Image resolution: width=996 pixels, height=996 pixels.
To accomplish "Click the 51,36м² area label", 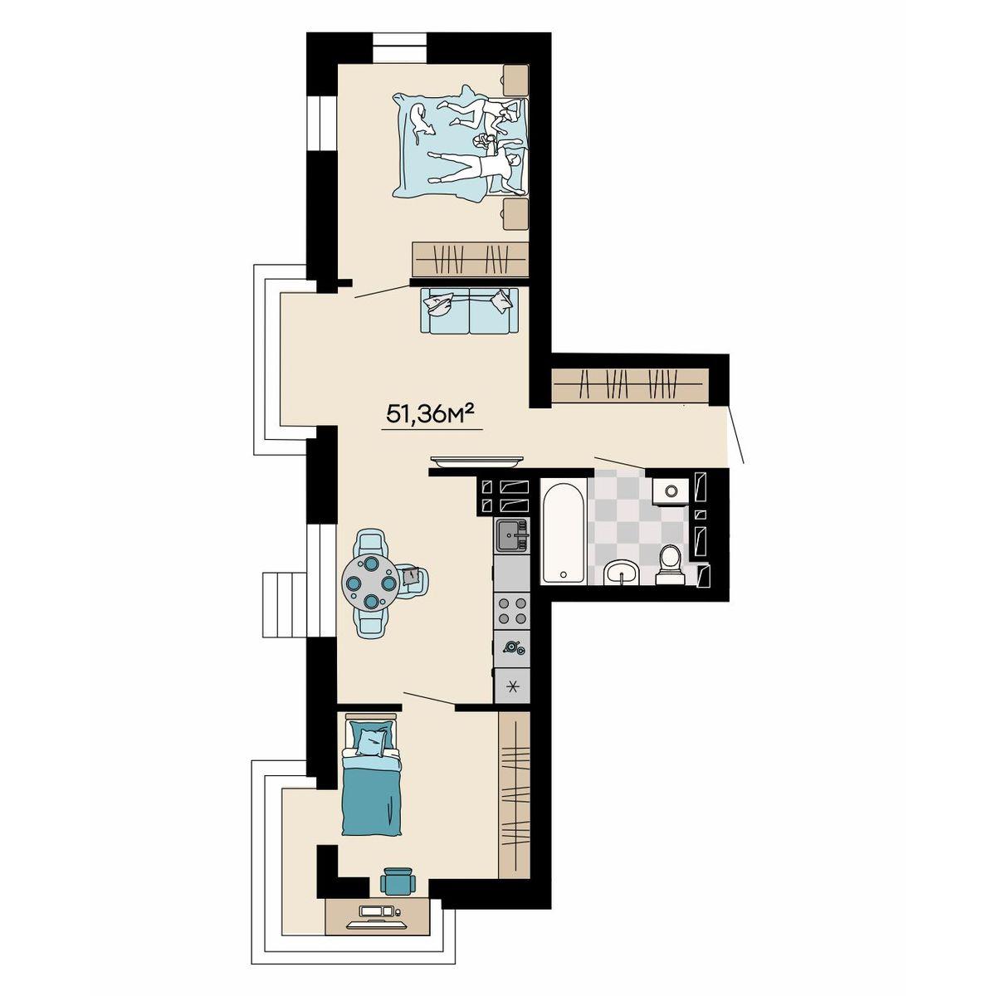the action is pyautogui.click(x=431, y=413).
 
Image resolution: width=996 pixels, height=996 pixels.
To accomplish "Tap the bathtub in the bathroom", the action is pyautogui.click(x=563, y=532).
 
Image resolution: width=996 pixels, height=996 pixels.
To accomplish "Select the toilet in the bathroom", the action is pyautogui.click(x=671, y=564).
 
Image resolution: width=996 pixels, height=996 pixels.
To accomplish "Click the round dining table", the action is pyautogui.click(x=371, y=582).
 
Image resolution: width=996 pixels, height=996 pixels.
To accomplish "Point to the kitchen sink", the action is pyautogui.click(x=512, y=535).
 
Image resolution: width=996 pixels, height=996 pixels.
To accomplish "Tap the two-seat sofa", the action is pyautogui.click(x=470, y=310).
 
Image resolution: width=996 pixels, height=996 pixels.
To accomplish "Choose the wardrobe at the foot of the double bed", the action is pyautogui.click(x=471, y=258).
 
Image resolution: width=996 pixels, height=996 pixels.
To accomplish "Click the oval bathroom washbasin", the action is pyautogui.click(x=622, y=573).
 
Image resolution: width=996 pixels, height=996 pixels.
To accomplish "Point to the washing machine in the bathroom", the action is pyautogui.click(x=671, y=491).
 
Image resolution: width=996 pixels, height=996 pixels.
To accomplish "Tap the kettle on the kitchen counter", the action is pyautogui.click(x=513, y=647).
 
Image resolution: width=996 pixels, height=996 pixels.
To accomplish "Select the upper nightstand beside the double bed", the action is pyautogui.click(x=515, y=81).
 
